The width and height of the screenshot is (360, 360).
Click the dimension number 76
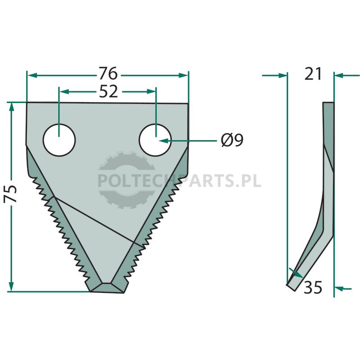(108, 73)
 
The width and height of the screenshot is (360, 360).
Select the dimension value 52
(108, 91)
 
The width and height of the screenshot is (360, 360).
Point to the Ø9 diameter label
(232, 140)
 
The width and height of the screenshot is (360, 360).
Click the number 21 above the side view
(313, 74)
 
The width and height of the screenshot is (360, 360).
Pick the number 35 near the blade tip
(313, 287)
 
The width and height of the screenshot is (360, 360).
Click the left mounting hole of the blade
(59, 140)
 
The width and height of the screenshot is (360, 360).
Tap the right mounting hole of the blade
(155, 140)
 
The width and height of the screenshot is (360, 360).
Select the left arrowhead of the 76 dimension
(32, 75)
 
